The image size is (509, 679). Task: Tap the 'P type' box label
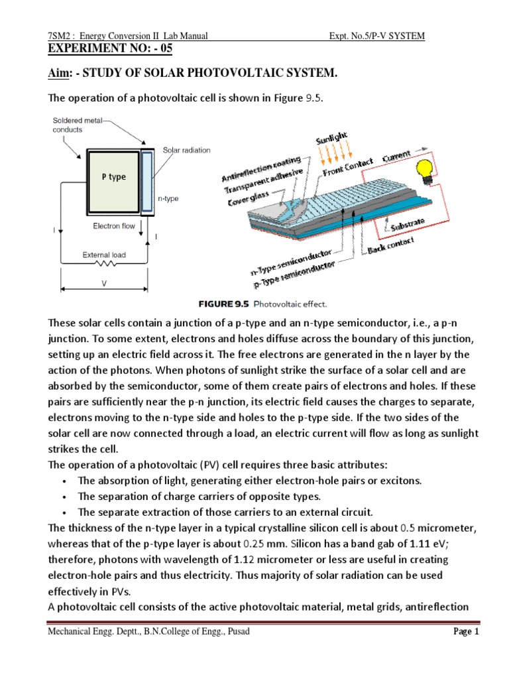(x=113, y=177)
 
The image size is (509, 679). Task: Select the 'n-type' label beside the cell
(x=168, y=198)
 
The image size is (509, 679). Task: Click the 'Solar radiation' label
(x=186, y=150)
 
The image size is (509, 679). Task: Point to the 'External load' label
(x=103, y=254)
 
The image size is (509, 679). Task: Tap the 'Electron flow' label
(x=115, y=226)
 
